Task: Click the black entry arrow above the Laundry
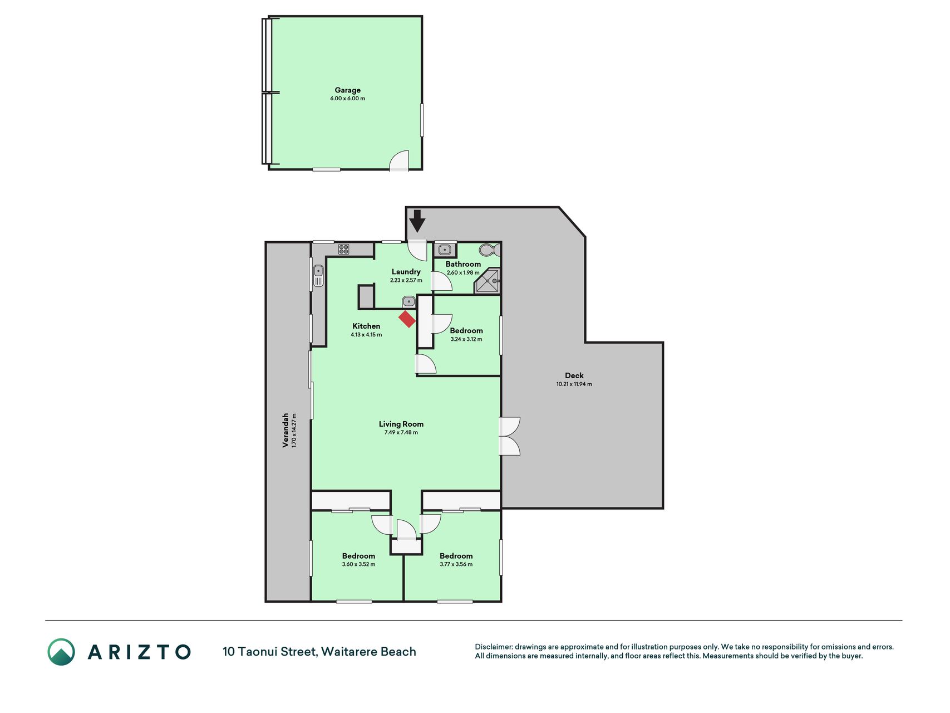pos(417,221)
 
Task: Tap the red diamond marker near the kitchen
pos(407,319)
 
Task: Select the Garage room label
pos(347,90)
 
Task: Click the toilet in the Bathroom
pos(490,250)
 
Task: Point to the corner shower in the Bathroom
pos(487,281)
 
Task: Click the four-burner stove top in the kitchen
pos(343,249)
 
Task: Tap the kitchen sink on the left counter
pos(318,276)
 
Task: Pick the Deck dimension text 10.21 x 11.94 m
pos(574,384)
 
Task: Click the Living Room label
pos(401,424)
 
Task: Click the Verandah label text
pos(286,430)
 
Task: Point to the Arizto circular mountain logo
pos(61,652)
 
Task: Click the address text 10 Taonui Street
pos(270,652)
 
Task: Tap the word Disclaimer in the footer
pos(493,647)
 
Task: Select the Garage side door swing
pos(398,160)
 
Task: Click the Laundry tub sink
pos(408,301)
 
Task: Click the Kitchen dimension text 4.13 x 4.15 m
pos(366,335)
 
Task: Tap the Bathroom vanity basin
pos(445,250)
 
